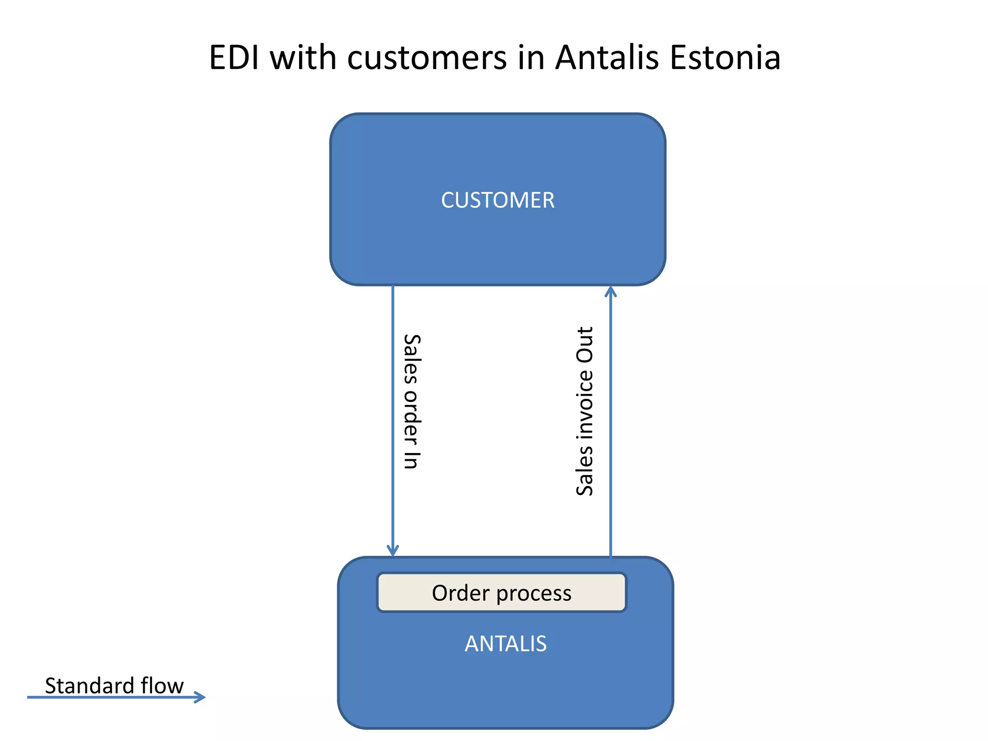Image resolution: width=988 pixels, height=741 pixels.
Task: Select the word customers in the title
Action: pyautogui.click(x=427, y=58)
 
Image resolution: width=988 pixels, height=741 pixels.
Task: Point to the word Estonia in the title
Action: pyautogui.click(x=725, y=58)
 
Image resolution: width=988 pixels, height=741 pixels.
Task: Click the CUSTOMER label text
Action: pyautogui.click(x=497, y=200)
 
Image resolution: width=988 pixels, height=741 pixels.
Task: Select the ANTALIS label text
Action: pyautogui.click(x=506, y=644)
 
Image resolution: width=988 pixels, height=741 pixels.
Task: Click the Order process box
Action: pyautogui.click(x=501, y=593)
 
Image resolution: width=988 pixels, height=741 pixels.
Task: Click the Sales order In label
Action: pyautogui.click(x=412, y=401)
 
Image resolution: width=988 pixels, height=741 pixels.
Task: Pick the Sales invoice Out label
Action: pyautogui.click(x=585, y=411)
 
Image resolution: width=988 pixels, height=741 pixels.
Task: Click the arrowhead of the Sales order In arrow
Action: pyautogui.click(x=393, y=550)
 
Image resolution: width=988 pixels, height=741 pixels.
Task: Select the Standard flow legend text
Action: pyautogui.click(x=114, y=686)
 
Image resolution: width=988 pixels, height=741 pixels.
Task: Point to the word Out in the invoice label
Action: pyautogui.click(x=585, y=344)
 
